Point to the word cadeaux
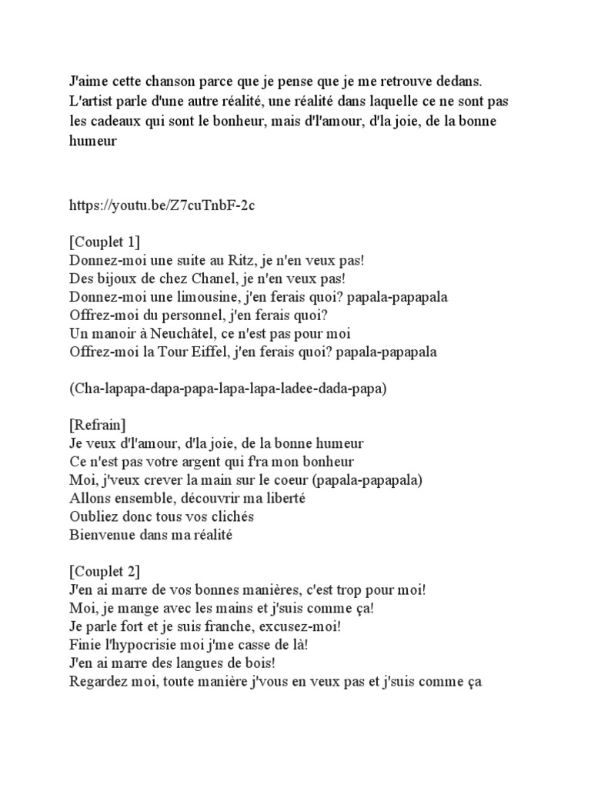pos(119,122)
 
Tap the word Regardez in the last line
pos(100,682)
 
